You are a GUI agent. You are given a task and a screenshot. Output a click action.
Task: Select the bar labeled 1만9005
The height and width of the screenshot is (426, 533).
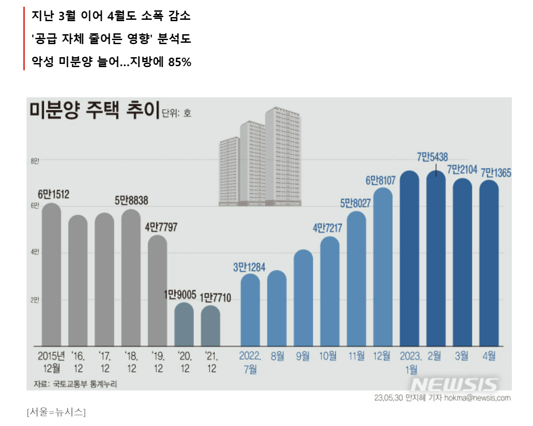184,324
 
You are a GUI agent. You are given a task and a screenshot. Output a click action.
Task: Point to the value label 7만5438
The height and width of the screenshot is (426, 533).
432,157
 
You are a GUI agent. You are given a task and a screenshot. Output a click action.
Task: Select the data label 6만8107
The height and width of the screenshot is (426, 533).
380,181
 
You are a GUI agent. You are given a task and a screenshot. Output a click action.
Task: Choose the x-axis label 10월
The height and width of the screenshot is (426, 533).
328,357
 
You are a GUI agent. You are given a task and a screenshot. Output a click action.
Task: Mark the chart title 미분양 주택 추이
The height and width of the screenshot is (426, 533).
94,111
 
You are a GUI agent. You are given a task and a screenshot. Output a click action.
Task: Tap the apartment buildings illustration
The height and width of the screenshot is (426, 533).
260,158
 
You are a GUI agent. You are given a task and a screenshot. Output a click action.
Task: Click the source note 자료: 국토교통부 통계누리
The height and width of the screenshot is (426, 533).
72,384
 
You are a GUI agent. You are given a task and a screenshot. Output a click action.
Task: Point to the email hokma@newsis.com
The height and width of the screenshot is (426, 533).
477,398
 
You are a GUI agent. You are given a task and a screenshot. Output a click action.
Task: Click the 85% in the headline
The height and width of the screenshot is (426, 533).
180,63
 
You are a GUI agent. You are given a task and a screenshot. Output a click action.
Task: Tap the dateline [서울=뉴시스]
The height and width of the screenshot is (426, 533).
56,412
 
